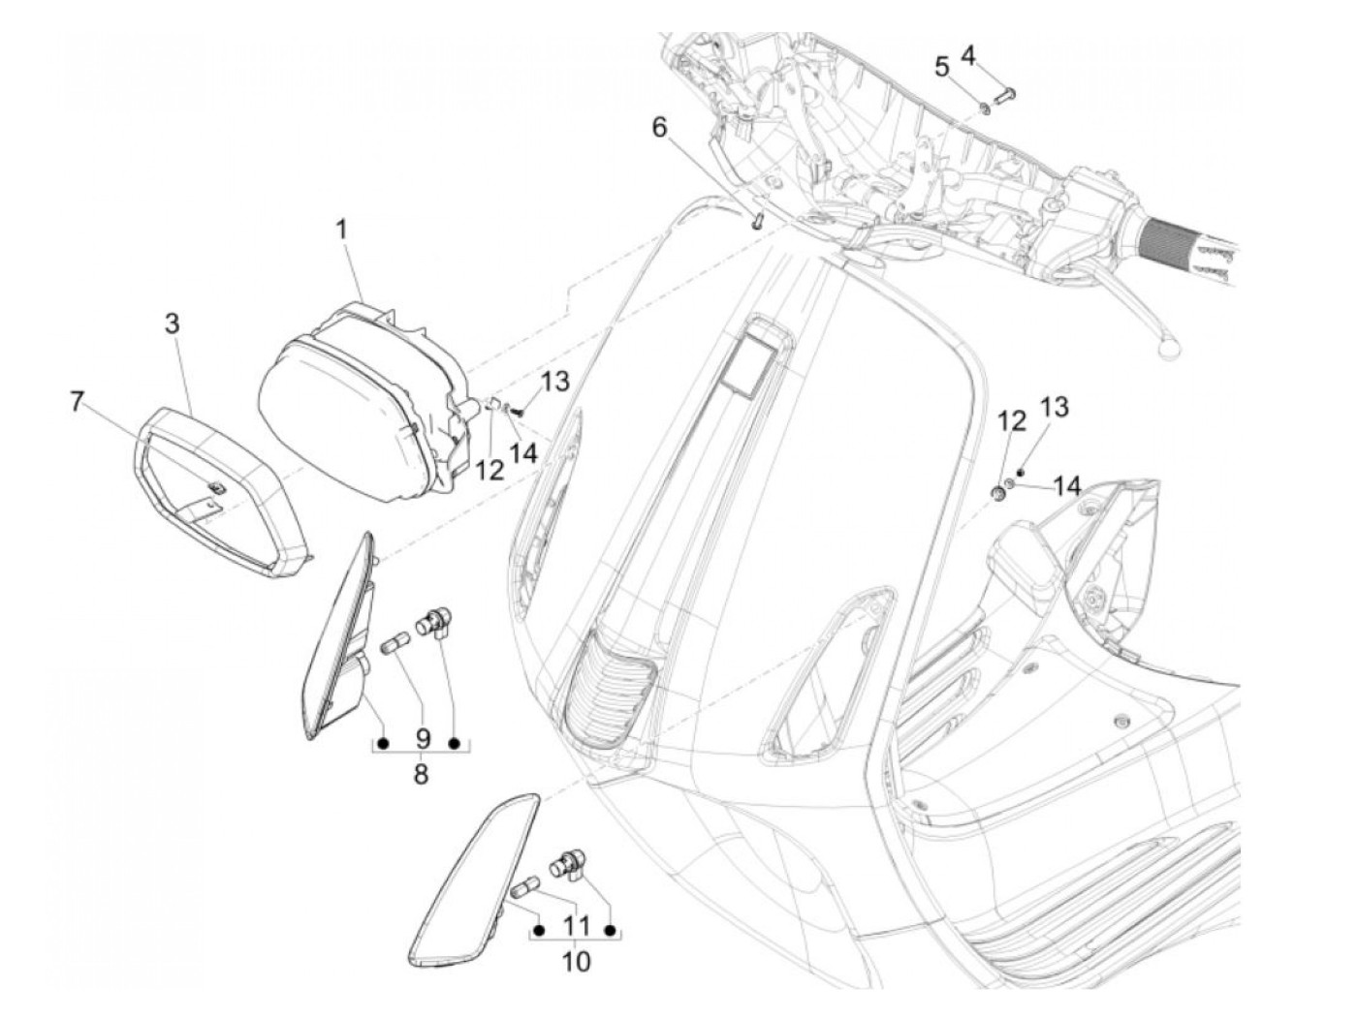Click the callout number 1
pos(341,231)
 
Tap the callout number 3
pos(172,324)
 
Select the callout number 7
pos(78,400)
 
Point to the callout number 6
pos(659,127)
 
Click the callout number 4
pos(967,55)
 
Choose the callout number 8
pos(421,775)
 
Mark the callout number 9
pos(422,738)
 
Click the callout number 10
pos(576,961)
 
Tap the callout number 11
pos(577,925)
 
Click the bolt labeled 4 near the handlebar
pos(1002,93)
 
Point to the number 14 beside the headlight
pos(524,451)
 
